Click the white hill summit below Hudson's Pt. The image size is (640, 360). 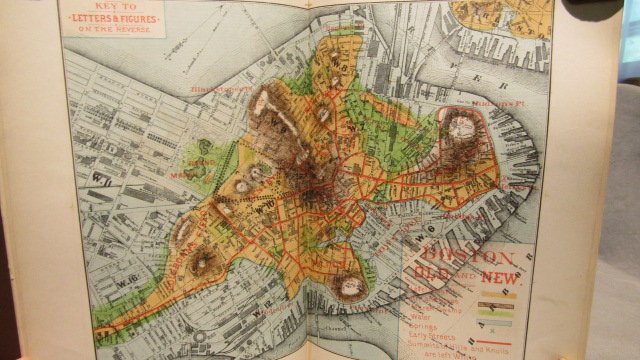coord(459,124)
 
